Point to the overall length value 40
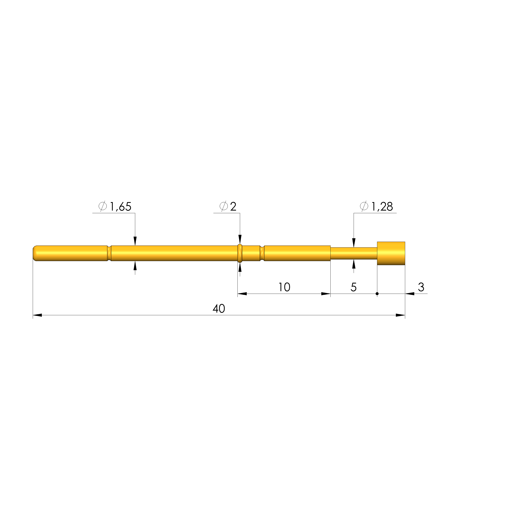(219, 309)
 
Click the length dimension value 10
(284, 287)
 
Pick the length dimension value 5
(354, 287)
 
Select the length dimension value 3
(421, 287)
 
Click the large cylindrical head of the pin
(391, 253)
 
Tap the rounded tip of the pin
(35, 253)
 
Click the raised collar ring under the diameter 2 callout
(240, 253)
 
